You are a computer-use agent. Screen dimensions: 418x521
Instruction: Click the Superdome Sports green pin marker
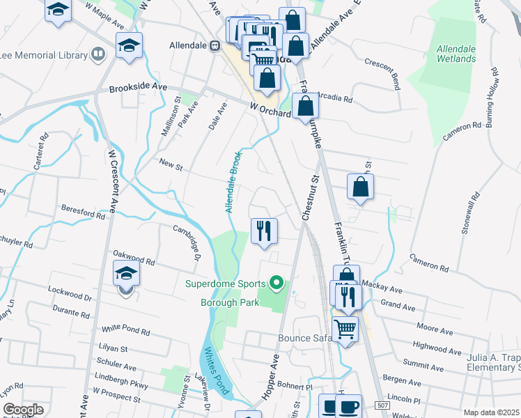(x=277, y=283)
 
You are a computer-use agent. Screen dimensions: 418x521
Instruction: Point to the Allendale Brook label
(x=233, y=182)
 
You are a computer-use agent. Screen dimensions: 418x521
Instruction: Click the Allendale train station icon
(x=216, y=46)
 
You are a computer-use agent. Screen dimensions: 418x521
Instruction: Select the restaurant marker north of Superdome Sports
(x=264, y=230)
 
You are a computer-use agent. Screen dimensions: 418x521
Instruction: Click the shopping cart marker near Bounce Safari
(x=345, y=328)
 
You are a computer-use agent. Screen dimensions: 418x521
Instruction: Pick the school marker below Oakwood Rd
(x=126, y=274)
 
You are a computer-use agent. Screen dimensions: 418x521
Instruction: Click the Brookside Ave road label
(x=139, y=88)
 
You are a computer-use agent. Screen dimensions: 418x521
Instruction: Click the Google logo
(x=23, y=410)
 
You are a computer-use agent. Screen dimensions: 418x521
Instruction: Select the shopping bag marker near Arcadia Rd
(x=306, y=107)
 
